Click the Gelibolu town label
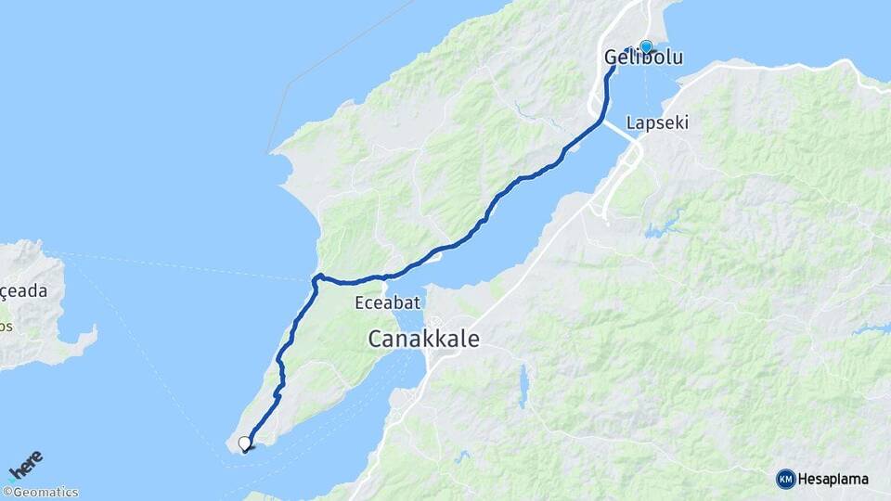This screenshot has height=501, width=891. [x=643, y=58]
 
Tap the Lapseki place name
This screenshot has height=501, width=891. [x=657, y=122]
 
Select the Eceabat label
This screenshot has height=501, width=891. [x=388, y=302]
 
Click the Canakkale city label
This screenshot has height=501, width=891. [x=423, y=339]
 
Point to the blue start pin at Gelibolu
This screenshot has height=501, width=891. [x=646, y=45]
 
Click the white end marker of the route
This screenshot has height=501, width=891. [x=244, y=443]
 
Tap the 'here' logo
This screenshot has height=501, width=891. [x=26, y=464]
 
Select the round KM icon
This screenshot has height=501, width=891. [x=785, y=479]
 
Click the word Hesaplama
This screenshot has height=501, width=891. [x=833, y=479]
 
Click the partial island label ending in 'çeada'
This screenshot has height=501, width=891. [x=23, y=290]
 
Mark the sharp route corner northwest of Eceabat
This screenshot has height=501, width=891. [x=316, y=276]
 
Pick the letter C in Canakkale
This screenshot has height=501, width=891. [x=376, y=340]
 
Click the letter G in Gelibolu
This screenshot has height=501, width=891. [x=612, y=58]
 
